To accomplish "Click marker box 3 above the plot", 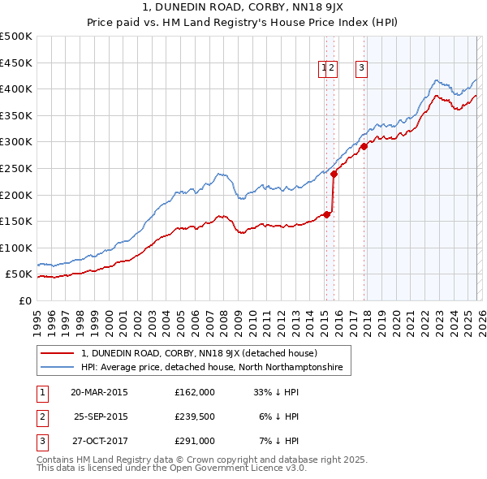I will [360, 69].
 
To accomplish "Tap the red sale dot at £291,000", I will [364, 147].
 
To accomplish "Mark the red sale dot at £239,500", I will [334, 174].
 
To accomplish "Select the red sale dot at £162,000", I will [326, 214].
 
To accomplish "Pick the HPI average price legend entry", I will [212, 367].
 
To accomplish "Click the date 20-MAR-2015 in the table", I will [99, 391].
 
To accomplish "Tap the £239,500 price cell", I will [194, 416].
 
